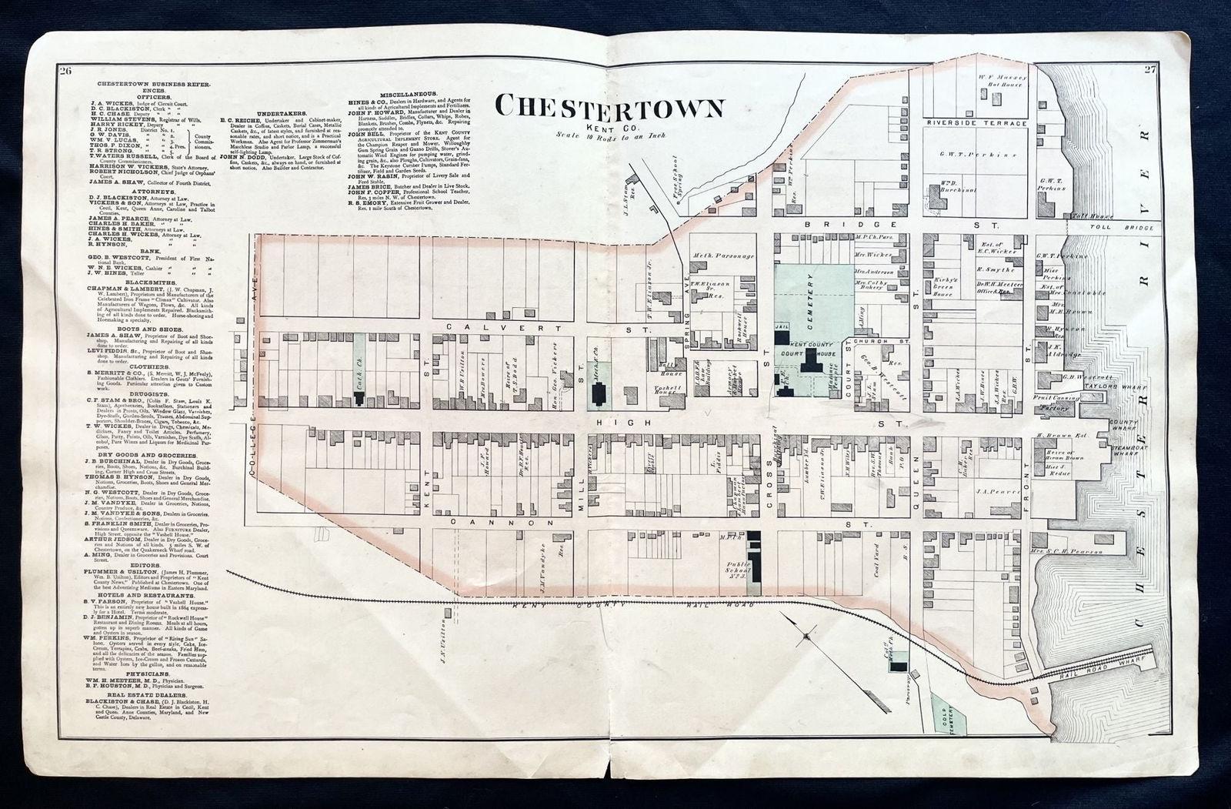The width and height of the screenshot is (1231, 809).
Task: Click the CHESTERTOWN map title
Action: point(610,105)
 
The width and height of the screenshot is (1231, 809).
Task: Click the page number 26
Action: point(65,72)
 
